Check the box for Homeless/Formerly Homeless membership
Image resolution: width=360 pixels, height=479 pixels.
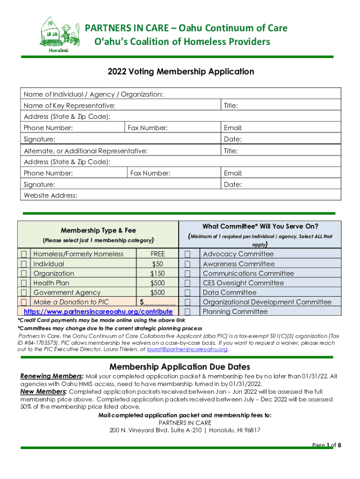pyautogui.click(x=24, y=254)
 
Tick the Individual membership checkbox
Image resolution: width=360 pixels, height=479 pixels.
pyautogui.click(x=24, y=264)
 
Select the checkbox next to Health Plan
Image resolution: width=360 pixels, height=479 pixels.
pyautogui.click(x=24, y=283)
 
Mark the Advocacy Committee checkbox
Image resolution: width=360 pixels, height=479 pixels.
pyautogui.click(x=187, y=254)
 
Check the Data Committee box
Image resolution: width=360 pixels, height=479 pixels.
pyautogui.click(x=187, y=293)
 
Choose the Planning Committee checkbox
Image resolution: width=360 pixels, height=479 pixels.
pyautogui.click(x=187, y=312)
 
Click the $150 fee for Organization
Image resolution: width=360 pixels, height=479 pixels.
pyautogui.click(x=158, y=273)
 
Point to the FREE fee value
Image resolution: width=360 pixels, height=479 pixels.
pyautogui.click(x=158, y=254)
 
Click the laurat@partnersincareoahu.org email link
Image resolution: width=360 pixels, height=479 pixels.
pyautogui.click(x=187, y=349)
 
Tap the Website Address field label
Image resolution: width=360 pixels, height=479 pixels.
pyautogui.click(x=50, y=196)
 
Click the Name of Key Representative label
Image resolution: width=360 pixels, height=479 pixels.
pyautogui.click(x=69, y=106)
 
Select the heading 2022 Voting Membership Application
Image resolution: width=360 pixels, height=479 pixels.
pyautogui.click(x=180, y=72)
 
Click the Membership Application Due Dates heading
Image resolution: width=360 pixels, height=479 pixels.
pyautogui.click(x=180, y=366)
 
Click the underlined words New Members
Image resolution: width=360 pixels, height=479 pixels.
pyautogui.click(x=43, y=391)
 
